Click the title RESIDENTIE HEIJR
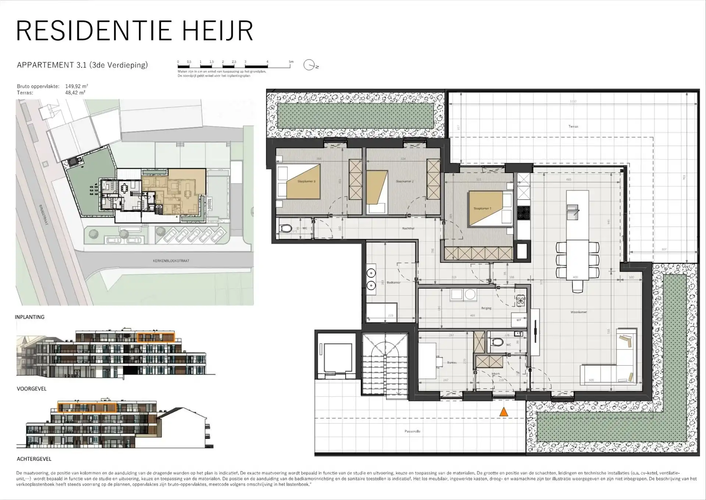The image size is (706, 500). (135, 31)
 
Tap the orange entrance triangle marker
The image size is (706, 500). (504, 412)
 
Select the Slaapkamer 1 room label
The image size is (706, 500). (482, 208)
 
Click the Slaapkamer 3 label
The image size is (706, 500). (306, 181)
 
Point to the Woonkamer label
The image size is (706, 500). (578, 312)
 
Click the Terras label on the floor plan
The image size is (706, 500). (573, 126)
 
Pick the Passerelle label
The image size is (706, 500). (412, 431)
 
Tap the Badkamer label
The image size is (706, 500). (393, 282)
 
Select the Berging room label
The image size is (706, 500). (486, 308)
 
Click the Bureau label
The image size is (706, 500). (452, 363)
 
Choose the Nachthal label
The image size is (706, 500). (408, 228)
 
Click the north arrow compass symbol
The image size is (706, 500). (309, 65)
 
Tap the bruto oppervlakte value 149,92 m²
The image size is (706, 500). (76, 87)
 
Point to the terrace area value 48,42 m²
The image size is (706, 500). (75, 93)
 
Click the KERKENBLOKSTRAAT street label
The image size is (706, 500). (171, 261)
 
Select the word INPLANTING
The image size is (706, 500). (29, 317)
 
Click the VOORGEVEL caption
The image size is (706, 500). (31, 388)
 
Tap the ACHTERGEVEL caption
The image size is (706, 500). (34, 459)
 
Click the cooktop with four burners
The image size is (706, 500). (523, 212)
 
